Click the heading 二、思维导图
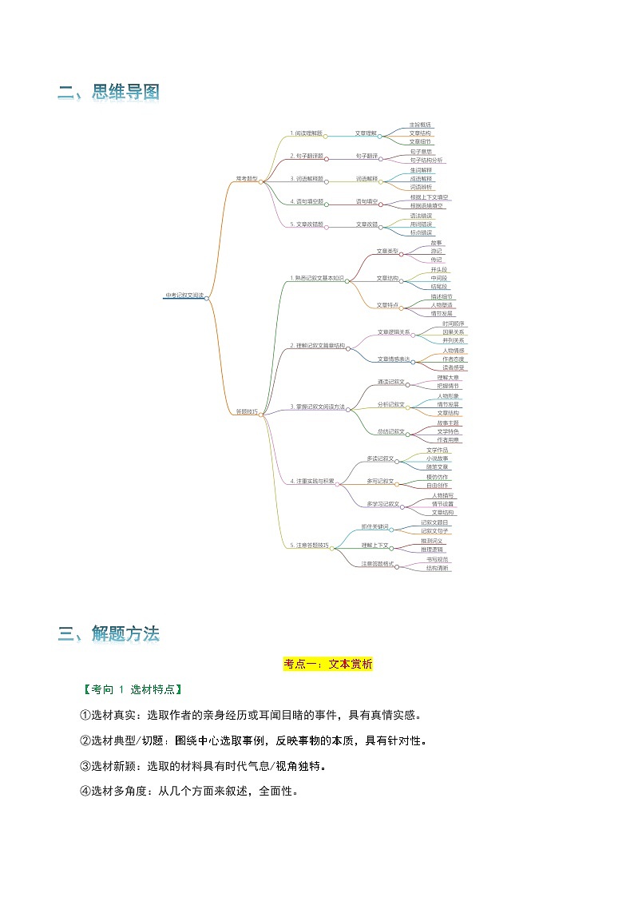point(109,93)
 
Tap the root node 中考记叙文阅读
point(184,296)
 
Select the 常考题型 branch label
point(246,179)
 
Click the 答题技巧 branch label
point(246,411)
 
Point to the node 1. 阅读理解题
point(307,133)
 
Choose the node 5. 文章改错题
point(307,224)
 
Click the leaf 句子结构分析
point(427,160)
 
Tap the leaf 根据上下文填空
point(430,196)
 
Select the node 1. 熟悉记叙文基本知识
point(317,278)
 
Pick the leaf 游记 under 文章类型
point(436,251)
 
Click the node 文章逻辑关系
point(394,331)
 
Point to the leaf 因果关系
point(454,331)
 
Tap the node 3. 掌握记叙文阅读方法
point(317,407)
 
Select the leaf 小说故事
point(437,458)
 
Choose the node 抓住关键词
point(374,527)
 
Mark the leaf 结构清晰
point(437,568)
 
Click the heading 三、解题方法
point(109,634)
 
